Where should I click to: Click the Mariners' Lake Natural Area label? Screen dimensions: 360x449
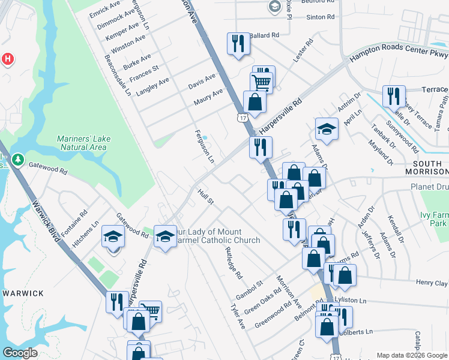(83, 143)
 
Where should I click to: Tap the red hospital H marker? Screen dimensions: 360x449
(7, 59)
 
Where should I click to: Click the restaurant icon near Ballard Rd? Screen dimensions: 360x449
(238, 43)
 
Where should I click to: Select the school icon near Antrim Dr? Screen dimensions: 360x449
(327, 129)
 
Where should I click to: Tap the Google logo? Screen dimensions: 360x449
(20, 353)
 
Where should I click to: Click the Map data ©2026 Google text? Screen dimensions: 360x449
(411, 355)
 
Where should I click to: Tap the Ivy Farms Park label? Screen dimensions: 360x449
(434, 218)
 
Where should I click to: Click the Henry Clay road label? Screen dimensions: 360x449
(432, 282)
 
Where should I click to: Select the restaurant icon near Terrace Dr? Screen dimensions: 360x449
(394, 96)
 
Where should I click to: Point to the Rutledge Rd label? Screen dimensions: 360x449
(233, 263)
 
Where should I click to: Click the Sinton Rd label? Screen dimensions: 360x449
(320, 17)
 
